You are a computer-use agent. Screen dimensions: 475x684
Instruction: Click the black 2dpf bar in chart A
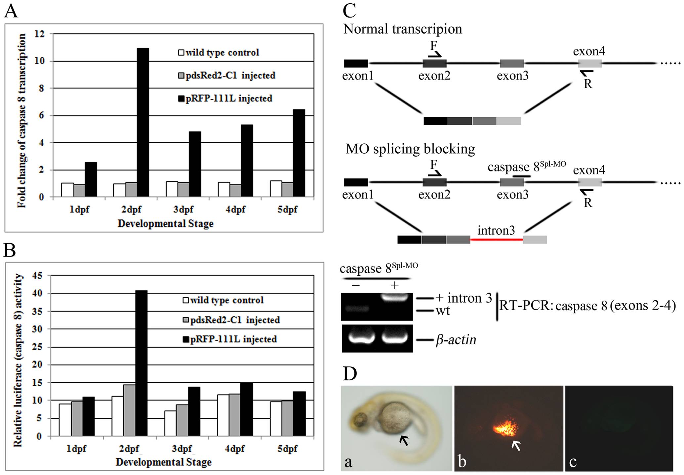point(143,122)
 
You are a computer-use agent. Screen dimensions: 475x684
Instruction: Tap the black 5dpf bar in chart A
point(299,153)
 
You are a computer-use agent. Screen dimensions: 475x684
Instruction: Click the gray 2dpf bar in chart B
point(129,410)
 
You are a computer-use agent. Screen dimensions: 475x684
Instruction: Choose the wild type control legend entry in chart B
point(223,300)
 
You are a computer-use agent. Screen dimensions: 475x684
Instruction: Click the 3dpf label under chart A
point(183,210)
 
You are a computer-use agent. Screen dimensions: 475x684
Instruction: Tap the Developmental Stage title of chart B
point(163,462)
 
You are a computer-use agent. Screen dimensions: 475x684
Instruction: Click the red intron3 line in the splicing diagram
point(496,239)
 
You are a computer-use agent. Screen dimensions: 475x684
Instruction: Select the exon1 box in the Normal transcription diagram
point(356,63)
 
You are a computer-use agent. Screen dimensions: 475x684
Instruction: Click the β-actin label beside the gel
point(456,340)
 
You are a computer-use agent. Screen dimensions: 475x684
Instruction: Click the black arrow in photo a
point(404,440)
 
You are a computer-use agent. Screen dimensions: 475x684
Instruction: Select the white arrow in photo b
point(516,446)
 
